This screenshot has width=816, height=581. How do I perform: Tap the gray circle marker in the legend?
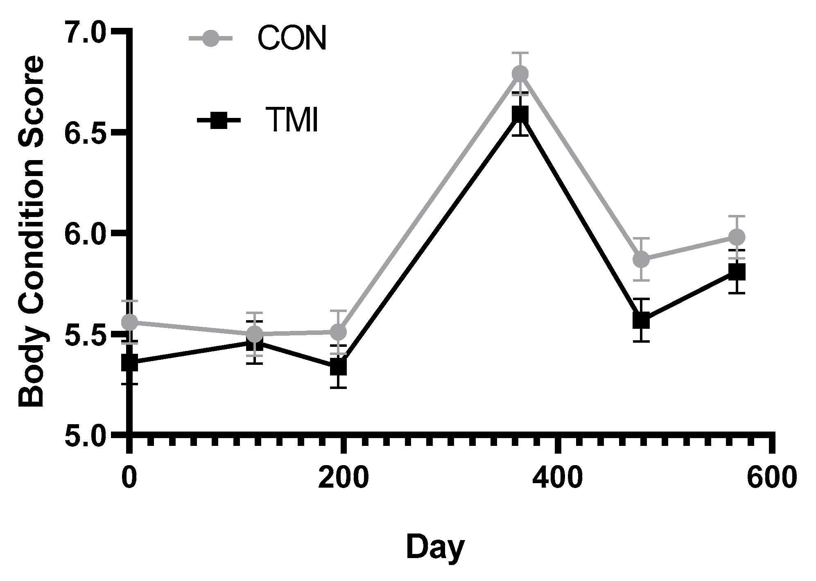[x=210, y=38]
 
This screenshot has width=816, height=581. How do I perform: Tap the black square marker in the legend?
[x=219, y=120]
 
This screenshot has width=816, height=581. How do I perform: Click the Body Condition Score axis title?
[x=31, y=232]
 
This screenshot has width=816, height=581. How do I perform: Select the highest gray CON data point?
[x=520, y=74]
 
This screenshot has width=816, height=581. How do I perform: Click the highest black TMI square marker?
[x=520, y=115]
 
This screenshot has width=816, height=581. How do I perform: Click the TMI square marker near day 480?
[x=641, y=320]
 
